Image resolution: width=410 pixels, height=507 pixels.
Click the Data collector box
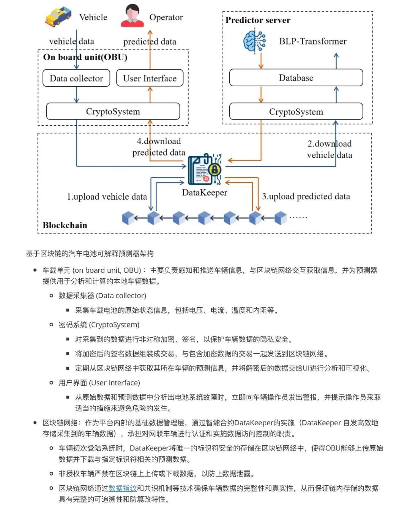[76, 78]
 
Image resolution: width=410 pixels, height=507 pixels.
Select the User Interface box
[150, 78]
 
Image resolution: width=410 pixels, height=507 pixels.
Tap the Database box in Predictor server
[296, 78]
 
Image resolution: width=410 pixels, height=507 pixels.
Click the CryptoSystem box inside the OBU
[113, 111]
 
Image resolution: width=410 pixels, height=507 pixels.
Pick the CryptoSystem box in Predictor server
[296, 112]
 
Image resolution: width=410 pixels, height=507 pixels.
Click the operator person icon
[132, 16]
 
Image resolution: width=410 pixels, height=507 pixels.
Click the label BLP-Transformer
[312, 41]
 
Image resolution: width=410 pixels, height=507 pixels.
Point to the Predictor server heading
[258, 20]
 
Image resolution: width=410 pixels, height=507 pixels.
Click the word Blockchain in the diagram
[65, 225]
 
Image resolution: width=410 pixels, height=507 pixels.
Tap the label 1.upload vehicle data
[107, 197]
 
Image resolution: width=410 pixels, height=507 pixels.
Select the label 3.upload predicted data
[306, 196]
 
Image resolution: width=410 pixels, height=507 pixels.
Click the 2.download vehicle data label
[329, 149]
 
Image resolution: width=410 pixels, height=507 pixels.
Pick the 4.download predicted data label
[159, 147]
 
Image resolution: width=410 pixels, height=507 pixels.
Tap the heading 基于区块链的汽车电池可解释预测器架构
[90, 253]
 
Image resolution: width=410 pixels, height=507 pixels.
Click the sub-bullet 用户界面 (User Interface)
[99, 383]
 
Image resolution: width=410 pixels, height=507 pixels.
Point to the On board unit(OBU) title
[85, 57]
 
